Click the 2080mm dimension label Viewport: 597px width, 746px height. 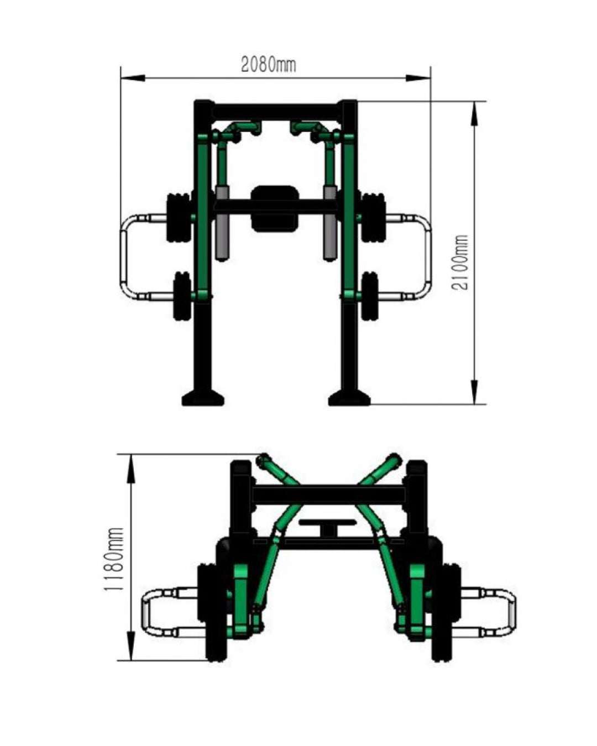coord(268,65)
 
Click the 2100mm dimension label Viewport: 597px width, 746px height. coord(459,262)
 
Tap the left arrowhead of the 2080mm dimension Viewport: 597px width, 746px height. coord(132,78)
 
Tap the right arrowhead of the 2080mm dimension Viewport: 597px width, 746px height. coord(418,78)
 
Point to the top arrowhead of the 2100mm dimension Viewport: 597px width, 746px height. coord(474,114)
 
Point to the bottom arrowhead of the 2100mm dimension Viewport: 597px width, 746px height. coord(474,392)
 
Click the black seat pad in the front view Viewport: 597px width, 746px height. coord(275,208)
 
